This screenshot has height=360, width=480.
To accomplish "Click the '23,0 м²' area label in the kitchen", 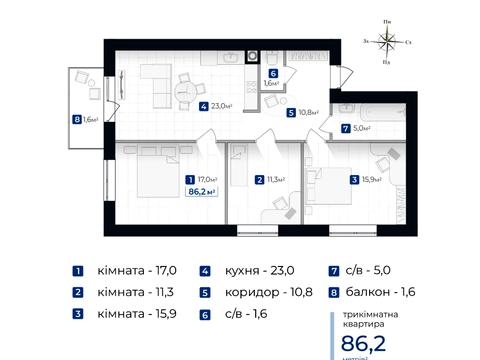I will (x=222, y=105).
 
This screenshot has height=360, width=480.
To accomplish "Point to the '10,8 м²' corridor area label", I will (x=308, y=113).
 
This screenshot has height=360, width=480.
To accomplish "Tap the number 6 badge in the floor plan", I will (x=273, y=73).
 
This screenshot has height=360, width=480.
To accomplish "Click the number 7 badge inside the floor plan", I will (x=345, y=128).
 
